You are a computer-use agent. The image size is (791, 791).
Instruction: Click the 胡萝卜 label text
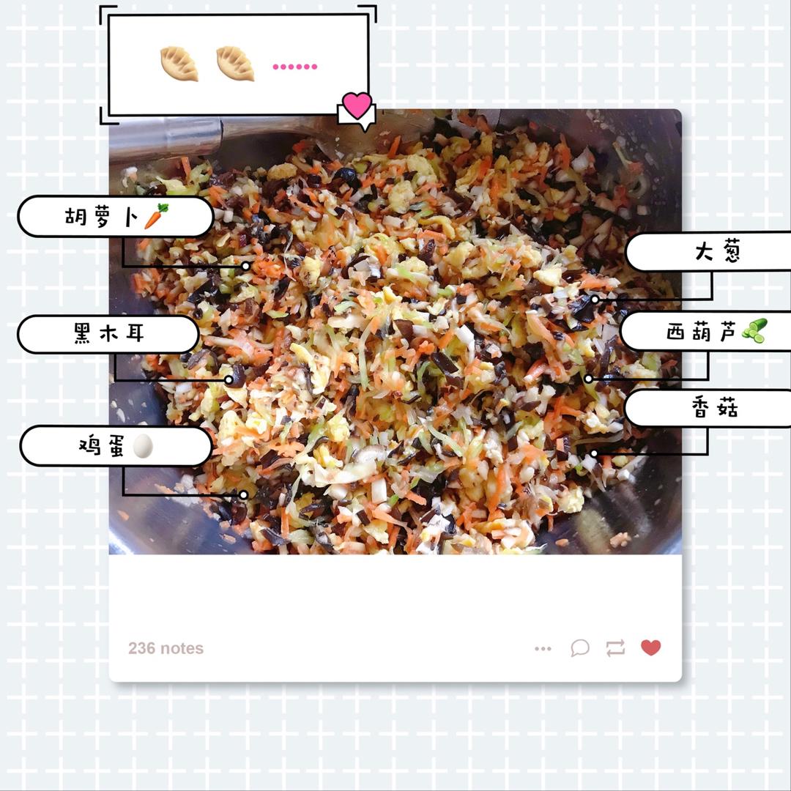tap(101, 217)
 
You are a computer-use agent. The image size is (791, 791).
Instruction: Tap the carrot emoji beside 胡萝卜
tap(157, 216)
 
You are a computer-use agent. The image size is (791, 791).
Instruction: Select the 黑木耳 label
tap(109, 333)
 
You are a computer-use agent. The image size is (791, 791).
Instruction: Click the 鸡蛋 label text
tap(101, 445)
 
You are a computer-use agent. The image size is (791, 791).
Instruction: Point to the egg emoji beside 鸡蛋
tap(143, 446)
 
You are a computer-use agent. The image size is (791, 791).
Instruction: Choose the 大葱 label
tap(717, 251)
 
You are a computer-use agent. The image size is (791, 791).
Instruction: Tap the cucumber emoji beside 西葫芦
tap(754, 331)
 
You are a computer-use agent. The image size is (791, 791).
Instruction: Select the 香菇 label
tap(714, 408)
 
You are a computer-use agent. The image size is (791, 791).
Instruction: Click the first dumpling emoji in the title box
tap(179, 64)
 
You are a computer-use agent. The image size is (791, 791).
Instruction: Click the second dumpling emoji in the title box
tap(235, 64)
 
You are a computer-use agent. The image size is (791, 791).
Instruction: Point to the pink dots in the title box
tap(295, 67)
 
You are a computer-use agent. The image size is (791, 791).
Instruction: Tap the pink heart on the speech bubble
tap(357, 105)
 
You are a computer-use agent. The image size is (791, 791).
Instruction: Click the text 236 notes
tap(166, 648)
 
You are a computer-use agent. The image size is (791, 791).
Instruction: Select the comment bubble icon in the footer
tap(580, 647)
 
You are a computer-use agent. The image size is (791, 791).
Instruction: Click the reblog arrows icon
tap(615, 647)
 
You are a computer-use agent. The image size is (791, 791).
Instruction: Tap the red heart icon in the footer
tap(651, 647)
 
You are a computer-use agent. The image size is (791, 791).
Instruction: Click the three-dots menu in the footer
tap(543, 649)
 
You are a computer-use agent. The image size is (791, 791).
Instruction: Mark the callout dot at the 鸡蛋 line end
tap(243, 495)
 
